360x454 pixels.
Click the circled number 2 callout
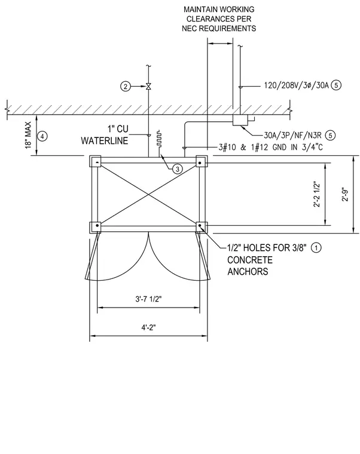tap(126, 86)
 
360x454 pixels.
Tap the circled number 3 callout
tap(178, 168)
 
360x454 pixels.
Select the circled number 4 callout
tap(42, 136)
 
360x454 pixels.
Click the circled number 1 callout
tap(316, 247)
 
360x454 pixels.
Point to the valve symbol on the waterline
tap(148, 86)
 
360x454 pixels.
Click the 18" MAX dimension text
tap(28, 135)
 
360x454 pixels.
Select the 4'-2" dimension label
tap(149, 327)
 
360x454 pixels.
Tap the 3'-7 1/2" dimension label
tap(148, 299)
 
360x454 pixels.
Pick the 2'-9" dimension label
tap(346, 194)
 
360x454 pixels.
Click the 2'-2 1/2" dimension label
tap(317, 194)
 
